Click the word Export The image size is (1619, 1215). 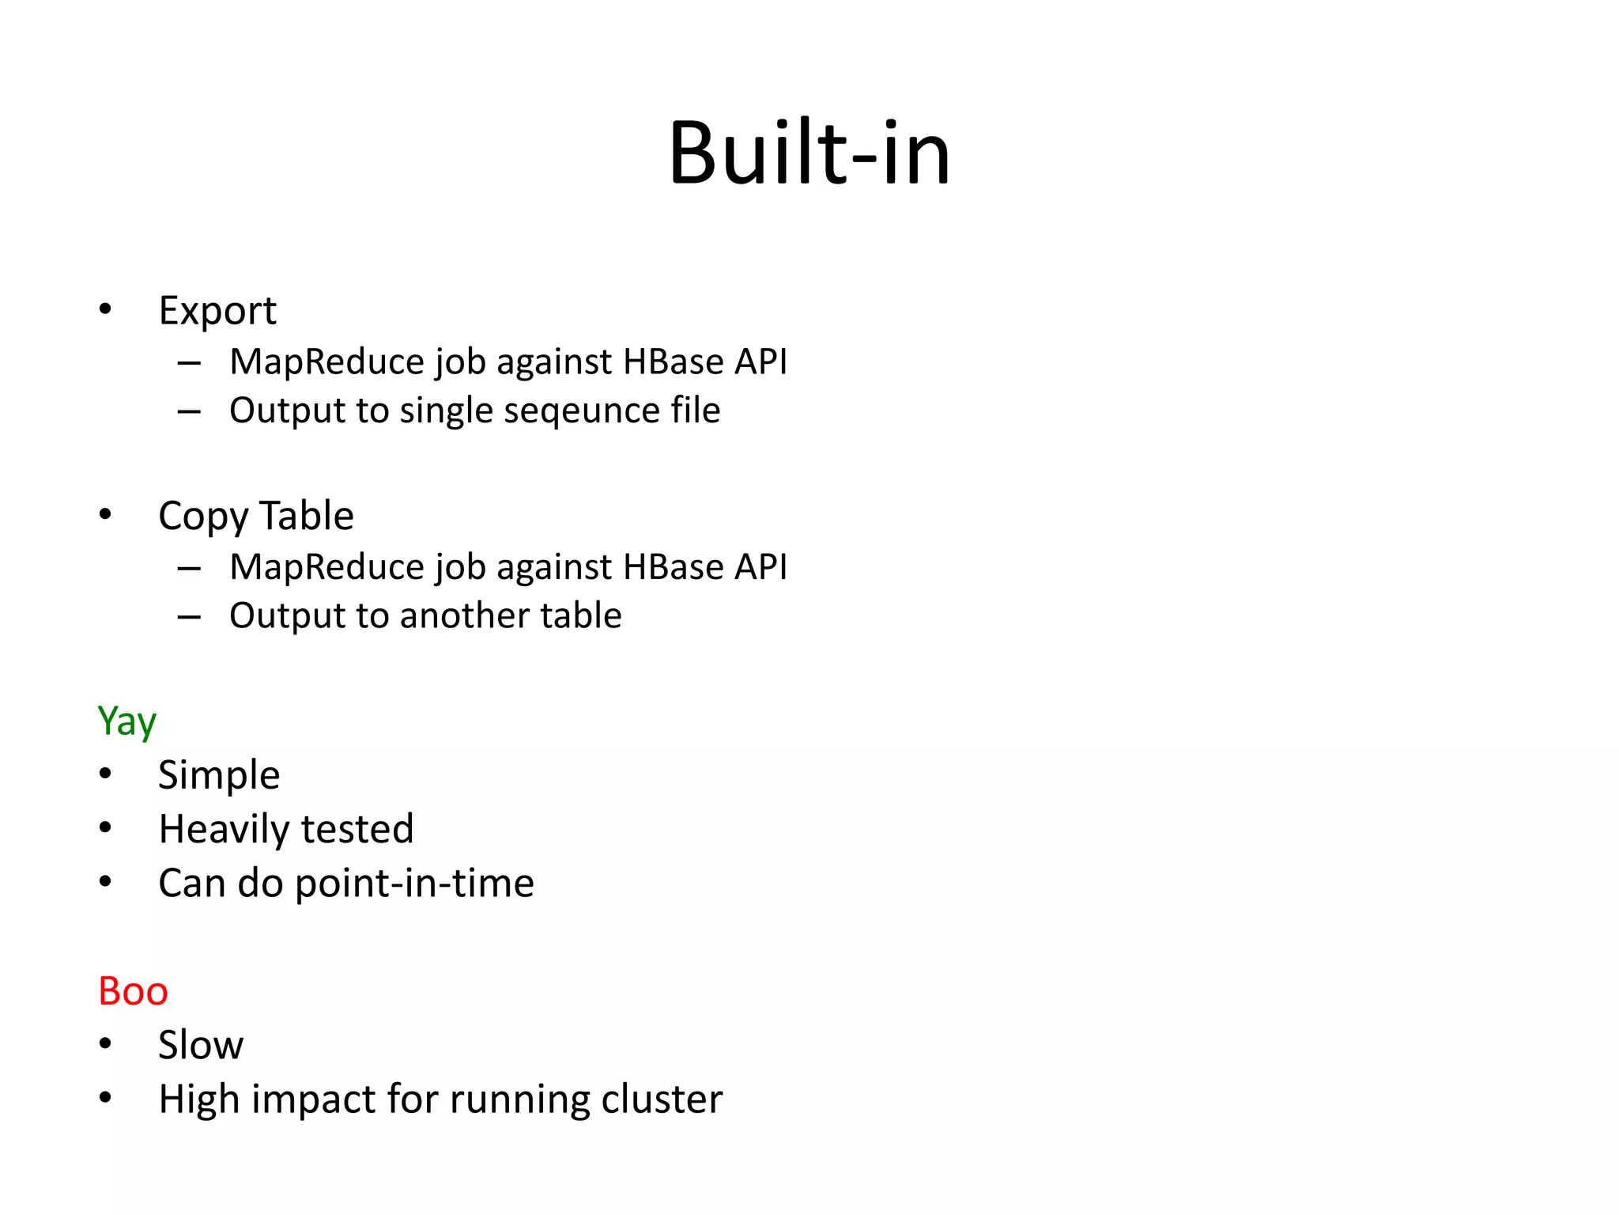(217, 311)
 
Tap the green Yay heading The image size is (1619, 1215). (126, 721)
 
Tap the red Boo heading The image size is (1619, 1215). (133, 991)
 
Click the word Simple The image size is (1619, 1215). (219, 775)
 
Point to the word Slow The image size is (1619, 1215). (201, 1045)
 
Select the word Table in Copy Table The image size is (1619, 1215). (307, 516)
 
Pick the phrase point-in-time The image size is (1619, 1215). (414, 883)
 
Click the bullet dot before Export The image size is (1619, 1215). (106, 310)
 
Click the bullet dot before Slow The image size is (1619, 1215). (106, 1044)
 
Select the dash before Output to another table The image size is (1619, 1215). (189, 616)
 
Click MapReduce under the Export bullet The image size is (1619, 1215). (326, 362)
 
